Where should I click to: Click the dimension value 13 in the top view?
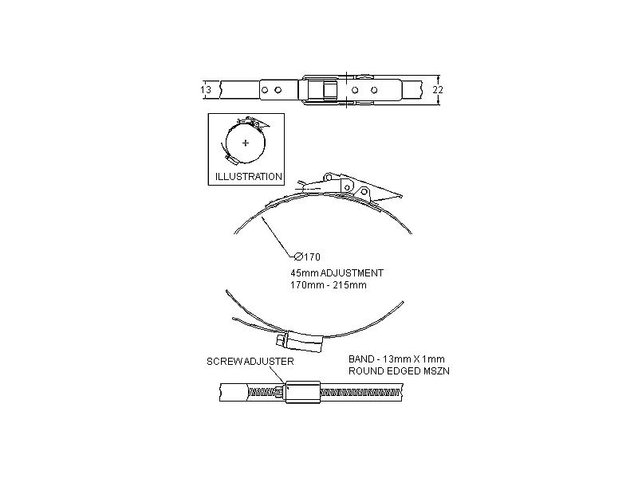[x=206, y=90]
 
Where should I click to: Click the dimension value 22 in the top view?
[x=437, y=90]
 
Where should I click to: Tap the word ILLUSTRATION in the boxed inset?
[x=249, y=177]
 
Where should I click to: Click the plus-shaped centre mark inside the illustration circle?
[x=246, y=143]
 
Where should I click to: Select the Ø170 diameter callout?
[x=307, y=257]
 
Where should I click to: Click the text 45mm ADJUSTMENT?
[x=337, y=273]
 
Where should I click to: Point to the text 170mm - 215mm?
[x=329, y=285]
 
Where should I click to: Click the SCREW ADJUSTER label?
[x=250, y=362]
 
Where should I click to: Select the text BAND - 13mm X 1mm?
[x=396, y=359]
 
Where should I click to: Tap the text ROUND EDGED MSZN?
[x=400, y=371]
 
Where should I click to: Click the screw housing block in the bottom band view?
[x=303, y=392]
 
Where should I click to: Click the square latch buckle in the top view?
[x=323, y=90]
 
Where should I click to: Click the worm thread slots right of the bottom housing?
[x=360, y=393]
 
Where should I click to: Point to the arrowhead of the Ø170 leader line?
[x=262, y=218]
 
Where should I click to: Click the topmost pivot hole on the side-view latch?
[x=329, y=176]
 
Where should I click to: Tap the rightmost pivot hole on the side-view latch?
[x=364, y=191]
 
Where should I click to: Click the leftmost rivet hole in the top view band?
[x=265, y=90]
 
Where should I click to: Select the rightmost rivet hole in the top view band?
[x=374, y=90]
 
